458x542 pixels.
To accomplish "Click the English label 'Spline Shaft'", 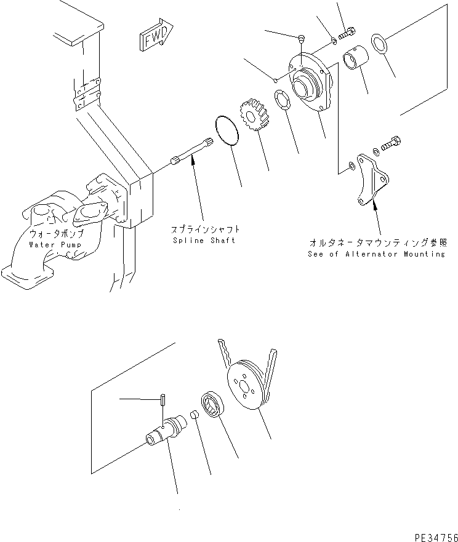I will point(203,240).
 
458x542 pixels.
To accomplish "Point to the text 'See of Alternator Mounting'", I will point(376,253).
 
